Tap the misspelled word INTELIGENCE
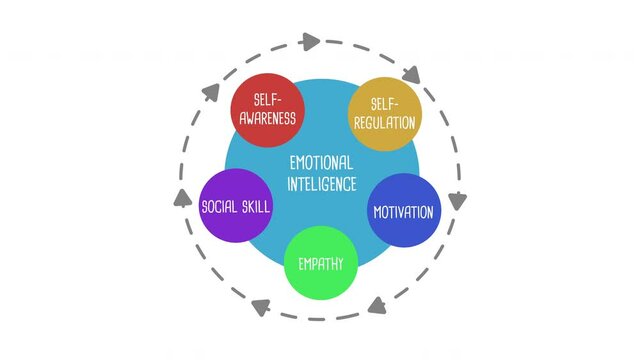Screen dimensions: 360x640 [x=322, y=184]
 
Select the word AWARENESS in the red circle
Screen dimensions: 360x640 [x=268, y=119]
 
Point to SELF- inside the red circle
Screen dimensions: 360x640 [x=267, y=101]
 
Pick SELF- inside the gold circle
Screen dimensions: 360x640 [x=385, y=102]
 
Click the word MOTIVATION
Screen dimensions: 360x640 [x=403, y=212]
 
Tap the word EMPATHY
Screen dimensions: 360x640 [x=321, y=265]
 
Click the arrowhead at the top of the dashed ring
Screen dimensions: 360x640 [x=310, y=41]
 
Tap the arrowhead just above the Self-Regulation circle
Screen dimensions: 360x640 [x=412, y=73]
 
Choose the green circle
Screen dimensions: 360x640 [x=321, y=263]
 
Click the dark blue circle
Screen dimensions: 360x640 [x=404, y=210]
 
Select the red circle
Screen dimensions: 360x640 [x=267, y=110]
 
